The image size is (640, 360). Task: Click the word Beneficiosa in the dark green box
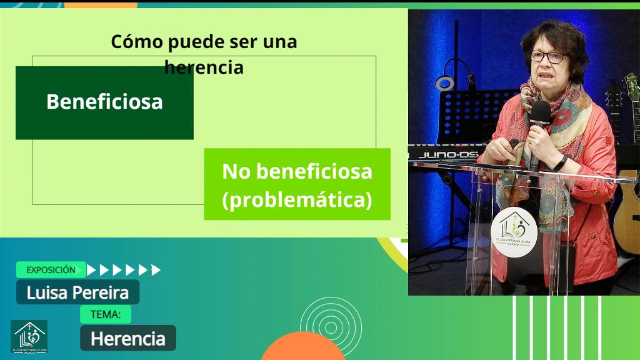point(104,101)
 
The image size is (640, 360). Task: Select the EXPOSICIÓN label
point(51,270)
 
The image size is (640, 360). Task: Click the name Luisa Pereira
point(77,292)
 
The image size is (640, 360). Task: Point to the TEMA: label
point(106,314)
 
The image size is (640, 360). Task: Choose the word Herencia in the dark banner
point(127,339)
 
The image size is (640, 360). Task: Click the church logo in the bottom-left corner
point(29,337)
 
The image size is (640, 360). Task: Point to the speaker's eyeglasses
point(547,57)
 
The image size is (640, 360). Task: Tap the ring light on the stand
point(444,82)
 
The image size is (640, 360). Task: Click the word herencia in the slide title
point(204,67)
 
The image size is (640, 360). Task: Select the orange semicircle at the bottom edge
point(302,347)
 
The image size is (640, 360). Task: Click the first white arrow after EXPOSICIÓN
point(92,270)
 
